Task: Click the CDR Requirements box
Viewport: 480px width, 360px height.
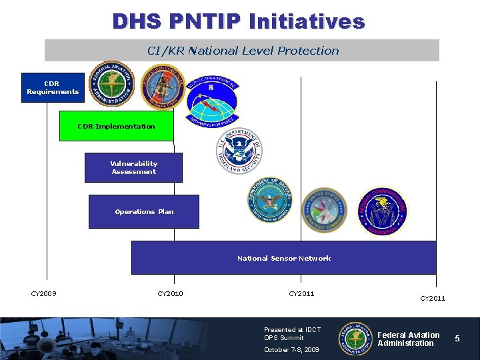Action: (53, 87)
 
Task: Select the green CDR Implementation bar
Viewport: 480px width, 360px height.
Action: (116, 126)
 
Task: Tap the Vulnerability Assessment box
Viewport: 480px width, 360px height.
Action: (133, 167)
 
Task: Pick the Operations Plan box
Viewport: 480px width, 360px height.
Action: (144, 211)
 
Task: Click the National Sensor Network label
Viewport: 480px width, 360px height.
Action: (284, 258)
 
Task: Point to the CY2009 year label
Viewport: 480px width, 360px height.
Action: (44, 293)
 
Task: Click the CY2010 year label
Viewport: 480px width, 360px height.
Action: (170, 293)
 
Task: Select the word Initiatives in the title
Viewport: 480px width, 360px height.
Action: (307, 21)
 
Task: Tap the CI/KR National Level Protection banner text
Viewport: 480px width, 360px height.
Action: (243, 51)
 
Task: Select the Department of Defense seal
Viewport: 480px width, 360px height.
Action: (271, 200)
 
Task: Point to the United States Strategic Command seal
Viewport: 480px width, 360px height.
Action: (324, 209)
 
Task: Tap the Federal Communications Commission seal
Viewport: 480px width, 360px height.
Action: (383, 211)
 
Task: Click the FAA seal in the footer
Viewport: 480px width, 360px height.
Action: (355, 339)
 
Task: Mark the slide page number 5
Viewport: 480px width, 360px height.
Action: (457, 339)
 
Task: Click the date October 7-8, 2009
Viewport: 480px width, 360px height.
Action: (291, 349)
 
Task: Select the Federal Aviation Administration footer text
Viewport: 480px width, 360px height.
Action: (408, 339)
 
